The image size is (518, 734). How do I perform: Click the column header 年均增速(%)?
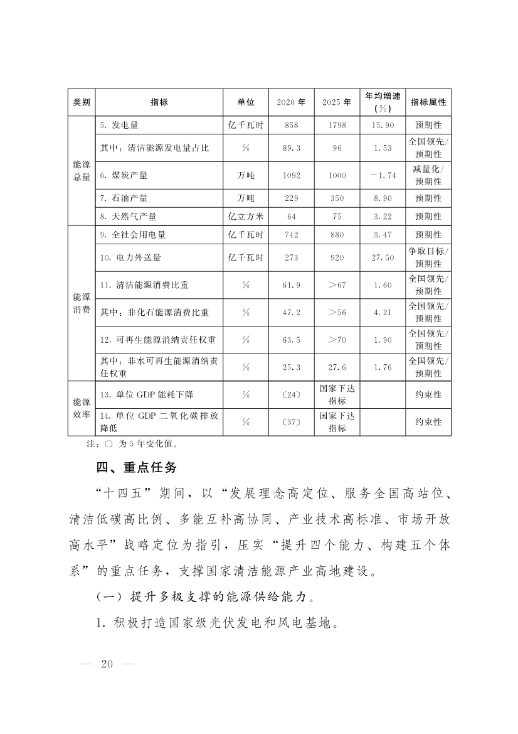point(383,102)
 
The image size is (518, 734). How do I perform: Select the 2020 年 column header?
point(291,102)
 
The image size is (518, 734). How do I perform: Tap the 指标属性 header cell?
point(428,102)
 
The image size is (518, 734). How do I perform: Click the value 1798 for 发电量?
point(337,126)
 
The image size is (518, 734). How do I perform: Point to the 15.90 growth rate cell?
point(383,126)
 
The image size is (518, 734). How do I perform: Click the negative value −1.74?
point(383,176)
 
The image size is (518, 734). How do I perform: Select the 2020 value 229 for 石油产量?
point(291,198)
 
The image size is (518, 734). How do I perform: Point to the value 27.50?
point(383,257)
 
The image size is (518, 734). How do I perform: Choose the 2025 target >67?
point(337,285)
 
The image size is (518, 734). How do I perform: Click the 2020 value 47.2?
point(291,312)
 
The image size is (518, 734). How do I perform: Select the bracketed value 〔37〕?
point(291,422)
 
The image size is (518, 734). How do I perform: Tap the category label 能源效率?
point(82,408)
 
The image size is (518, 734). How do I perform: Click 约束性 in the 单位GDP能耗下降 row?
point(428,395)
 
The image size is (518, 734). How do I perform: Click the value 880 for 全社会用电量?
point(337,235)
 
